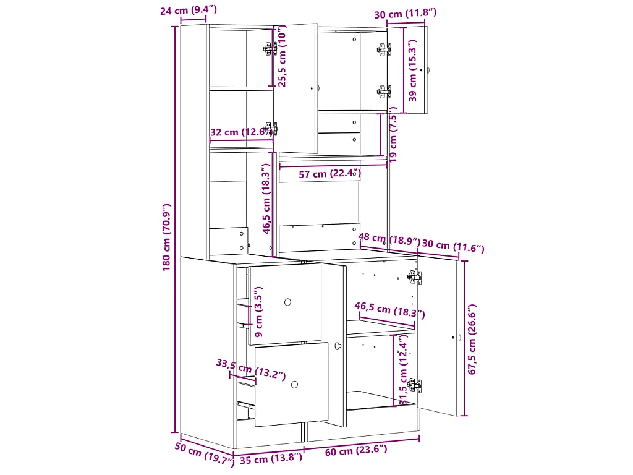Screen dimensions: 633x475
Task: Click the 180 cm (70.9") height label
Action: pyautogui.click(x=167, y=237)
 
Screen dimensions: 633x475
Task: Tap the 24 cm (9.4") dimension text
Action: pyautogui.click(x=188, y=10)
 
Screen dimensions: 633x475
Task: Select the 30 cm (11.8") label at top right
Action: pyautogui.click(x=406, y=14)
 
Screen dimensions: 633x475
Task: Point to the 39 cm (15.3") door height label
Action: pyautogui.click(x=412, y=71)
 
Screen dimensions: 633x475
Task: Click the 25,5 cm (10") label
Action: pyautogui.click(x=282, y=56)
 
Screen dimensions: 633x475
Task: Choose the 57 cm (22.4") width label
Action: pyautogui.click(x=329, y=174)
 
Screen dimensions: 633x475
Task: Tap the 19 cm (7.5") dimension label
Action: pyautogui.click(x=393, y=134)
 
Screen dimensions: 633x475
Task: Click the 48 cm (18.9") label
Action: pyautogui.click(x=389, y=239)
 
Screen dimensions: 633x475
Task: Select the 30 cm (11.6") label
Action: pyautogui.click(x=453, y=246)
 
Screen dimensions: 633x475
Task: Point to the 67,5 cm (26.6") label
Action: pyautogui.click(x=472, y=340)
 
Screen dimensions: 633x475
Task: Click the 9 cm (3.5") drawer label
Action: pyautogui.click(x=259, y=312)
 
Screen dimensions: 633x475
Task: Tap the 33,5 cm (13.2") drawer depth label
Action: pyautogui.click(x=251, y=369)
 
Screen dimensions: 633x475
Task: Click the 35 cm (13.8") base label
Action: pyautogui.click(x=271, y=458)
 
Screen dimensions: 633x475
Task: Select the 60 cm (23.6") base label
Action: pyautogui.click(x=356, y=450)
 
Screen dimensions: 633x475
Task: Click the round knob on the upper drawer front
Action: pyautogui.click(x=288, y=302)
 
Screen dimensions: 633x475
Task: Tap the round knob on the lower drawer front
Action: pyautogui.click(x=294, y=385)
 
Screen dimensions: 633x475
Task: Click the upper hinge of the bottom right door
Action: pyautogui.click(x=415, y=278)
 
